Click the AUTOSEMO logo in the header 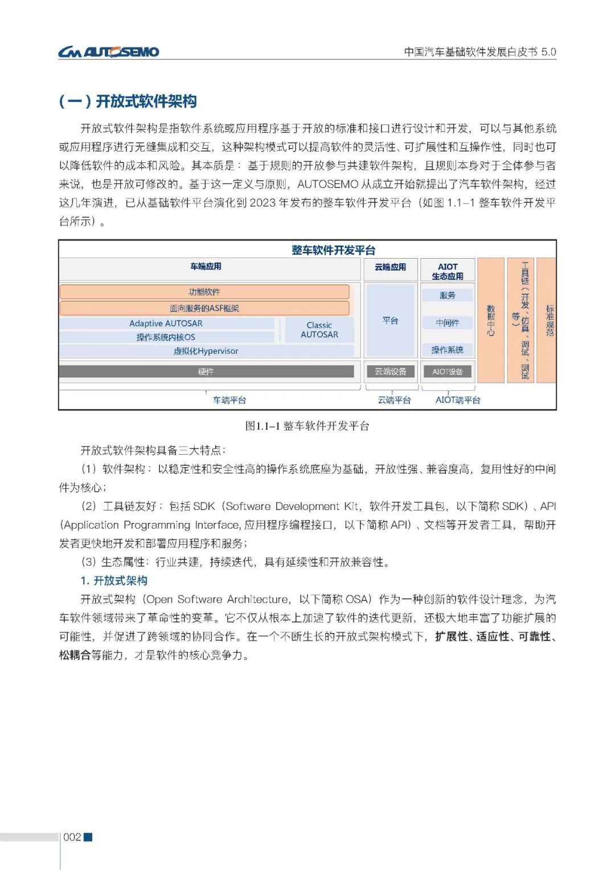(x=108, y=52)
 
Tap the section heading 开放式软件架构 (x=128, y=101)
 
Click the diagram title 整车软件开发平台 (x=333, y=250)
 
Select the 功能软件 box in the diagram (x=204, y=292)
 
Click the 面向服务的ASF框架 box (x=204, y=308)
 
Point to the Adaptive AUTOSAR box (x=166, y=323)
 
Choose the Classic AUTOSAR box (x=319, y=329)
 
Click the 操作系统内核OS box (x=166, y=337)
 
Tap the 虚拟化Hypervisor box (x=206, y=351)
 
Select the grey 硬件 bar (x=206, y=371)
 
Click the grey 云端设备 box (x=391, y=371)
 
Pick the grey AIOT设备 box (x=448, y=371)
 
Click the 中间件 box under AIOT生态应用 (x=448, y=323)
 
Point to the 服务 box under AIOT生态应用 (x=448, y=295)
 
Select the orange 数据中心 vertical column (x=491, y=320)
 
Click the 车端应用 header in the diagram (x=206, y=267)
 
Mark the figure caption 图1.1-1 (x=307, y=426)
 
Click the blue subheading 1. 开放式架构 (x=114, y=581)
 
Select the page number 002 (x=72, y=837)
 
